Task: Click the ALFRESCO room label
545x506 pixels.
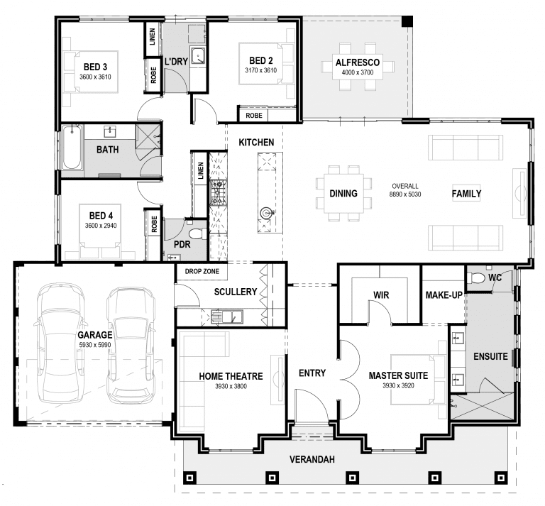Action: pyautogui.click(x=358, y=62)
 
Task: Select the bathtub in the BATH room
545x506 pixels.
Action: pyautogui.click(x=72, y=148)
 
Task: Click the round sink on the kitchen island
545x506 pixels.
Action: pyautogui.click(x=267, y=212)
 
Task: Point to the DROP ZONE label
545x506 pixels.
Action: pyautogui.click(x=202, y=271)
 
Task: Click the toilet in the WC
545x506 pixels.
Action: pyautogui.click(x=476, y=277)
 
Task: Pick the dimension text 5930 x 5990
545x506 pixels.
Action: pyautogui.click(x=95, y=345)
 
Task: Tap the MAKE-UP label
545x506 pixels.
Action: pyautogui.click(x=444, y=295)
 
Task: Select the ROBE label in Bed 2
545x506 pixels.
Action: pyautogui.click(x=254, y=116)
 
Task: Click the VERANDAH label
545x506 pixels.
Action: pyautogui.click(x=312, y=459)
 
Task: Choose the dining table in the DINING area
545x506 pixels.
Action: pyautogui.click(x=343, y=193)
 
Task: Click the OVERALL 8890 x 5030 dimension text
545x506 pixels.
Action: pyautogui.click(x=405, y=190)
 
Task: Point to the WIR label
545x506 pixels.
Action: pyautogui.click(x=381, y=295)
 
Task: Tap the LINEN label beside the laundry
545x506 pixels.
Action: pyautogui.click(x=153, y=37)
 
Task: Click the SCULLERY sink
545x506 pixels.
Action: pyautogui.click(x=226, y=317)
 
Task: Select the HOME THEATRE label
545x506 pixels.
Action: pyautogui.click(x=231, y=376)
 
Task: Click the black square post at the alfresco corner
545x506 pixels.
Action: pyautogui.click(x=407, y=21)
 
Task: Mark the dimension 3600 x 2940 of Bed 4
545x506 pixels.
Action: pyautogui.click(x=101, y=226)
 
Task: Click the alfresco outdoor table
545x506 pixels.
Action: pyautogui.click(x=358, y=67)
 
